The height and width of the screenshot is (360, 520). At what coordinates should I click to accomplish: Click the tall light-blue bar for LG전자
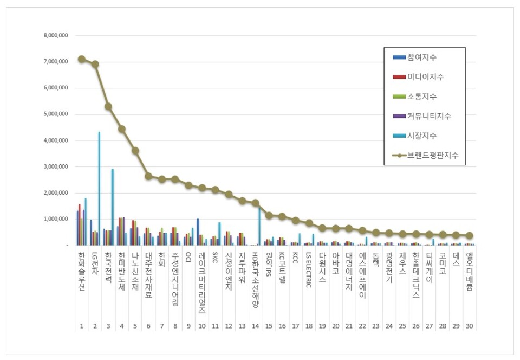pos(99,188)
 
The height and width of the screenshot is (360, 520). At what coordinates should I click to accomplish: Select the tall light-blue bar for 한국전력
pos(112,207)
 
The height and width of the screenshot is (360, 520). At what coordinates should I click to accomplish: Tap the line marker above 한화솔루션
pos(81,59)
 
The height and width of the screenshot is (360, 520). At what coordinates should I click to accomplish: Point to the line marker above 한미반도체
pos(121,129)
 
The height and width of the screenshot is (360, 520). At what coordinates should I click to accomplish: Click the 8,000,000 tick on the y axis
pos(56,36)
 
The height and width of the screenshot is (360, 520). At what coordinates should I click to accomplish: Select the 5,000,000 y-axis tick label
pos(56,114)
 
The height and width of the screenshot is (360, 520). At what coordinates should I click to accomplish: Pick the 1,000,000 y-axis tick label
pos(56,219)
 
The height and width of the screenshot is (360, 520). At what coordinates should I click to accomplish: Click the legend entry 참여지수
pos(421,57)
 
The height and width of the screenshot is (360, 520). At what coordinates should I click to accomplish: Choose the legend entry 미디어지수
pos(425,77)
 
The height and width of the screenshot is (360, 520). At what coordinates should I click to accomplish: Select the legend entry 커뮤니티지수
pos(428,116)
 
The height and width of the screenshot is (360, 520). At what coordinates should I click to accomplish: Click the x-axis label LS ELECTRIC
pos(308,269)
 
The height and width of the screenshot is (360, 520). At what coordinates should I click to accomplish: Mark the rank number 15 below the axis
pos(268,326)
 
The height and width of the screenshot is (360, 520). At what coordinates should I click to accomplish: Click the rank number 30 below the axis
pos(469,326)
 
